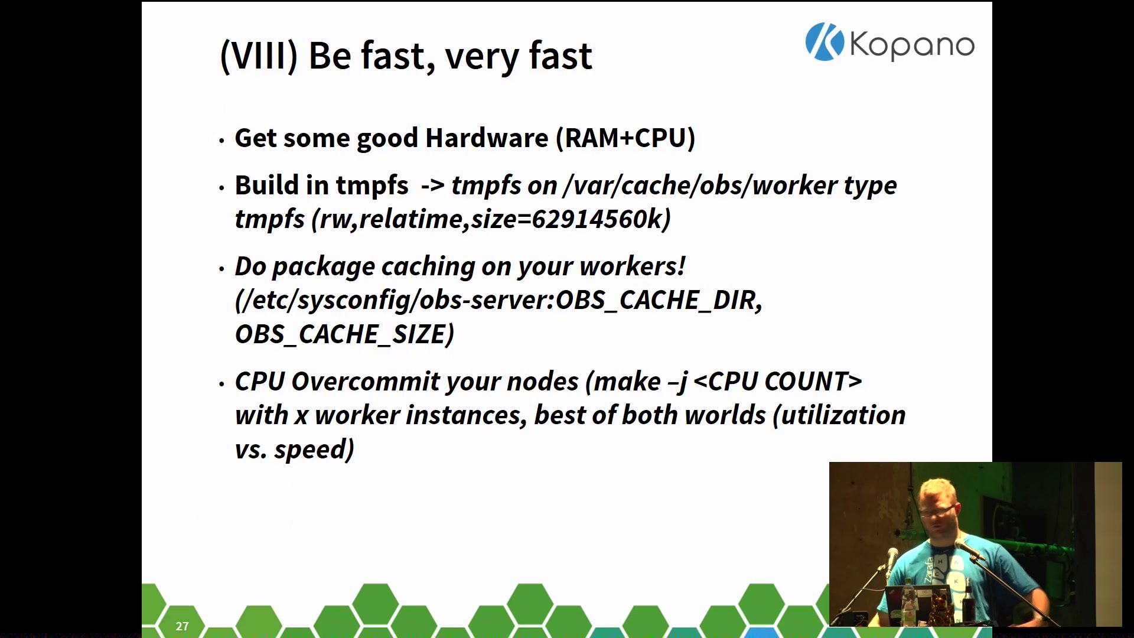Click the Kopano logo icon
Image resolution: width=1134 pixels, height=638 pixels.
click(825, 42)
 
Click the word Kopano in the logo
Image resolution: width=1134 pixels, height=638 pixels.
click(912, 45)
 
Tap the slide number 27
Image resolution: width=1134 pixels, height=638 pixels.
click(182, 626)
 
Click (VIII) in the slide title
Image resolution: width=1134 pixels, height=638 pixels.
click(259, 57)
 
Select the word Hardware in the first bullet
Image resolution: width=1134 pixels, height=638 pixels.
click(487, 138)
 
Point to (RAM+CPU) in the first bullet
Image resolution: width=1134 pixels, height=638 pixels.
click(625, 138)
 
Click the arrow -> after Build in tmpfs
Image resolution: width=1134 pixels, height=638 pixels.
click(432, 185)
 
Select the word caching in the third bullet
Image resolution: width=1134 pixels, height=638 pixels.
click(428, 267)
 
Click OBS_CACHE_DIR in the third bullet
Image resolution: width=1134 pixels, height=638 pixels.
click(659, 300)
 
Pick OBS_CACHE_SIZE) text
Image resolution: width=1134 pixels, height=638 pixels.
click(345, 334)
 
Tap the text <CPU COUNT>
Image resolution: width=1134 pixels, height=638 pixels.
click(778, 382)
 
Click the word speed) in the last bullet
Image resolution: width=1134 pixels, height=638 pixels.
click(314, 450)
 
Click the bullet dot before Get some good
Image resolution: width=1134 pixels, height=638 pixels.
click(221, 141)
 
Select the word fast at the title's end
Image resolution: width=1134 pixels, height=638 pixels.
click(560, 57)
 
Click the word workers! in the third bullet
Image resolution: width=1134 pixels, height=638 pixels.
click(633, 266)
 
